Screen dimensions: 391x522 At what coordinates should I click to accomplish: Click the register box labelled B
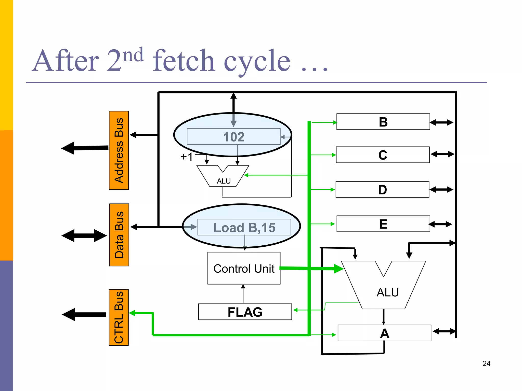point(383,122)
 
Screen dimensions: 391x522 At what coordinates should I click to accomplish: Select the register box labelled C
point(383,155)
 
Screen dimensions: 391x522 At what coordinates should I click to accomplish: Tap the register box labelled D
point(382,190)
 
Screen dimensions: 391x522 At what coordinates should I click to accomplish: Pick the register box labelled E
point(383,224)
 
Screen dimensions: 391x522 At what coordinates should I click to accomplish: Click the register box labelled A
point(384,333)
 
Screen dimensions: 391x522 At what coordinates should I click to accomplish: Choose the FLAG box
point(245,312)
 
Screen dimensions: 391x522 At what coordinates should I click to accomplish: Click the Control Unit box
point(244,268)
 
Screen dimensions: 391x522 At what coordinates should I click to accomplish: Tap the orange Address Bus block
point(119,150)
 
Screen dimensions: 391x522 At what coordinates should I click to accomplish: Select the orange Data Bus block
point(119,235)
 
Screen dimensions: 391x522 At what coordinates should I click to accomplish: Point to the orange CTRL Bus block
point(119,317)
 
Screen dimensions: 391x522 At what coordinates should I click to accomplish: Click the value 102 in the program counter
point(234,137)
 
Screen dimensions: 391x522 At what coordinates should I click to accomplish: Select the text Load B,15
point(244,227)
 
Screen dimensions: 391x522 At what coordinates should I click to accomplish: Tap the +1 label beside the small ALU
point(187,157)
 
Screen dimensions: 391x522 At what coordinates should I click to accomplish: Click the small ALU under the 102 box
point(223,177)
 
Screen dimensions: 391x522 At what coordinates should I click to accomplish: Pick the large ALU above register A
point(385,288)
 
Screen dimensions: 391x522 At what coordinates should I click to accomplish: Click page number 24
point(486,364)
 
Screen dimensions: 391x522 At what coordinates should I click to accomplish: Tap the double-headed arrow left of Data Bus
point(84,236)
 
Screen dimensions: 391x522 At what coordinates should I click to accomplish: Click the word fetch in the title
point(183,61)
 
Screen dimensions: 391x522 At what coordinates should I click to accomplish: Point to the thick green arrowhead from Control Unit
point(338,269)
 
